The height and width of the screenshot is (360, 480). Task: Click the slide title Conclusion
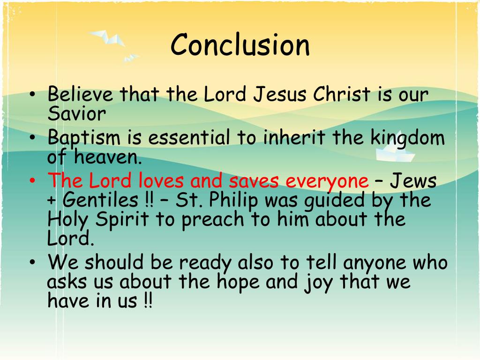point(240,45)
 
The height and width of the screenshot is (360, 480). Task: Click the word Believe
point(80,94)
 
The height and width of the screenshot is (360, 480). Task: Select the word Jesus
point(280,94)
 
